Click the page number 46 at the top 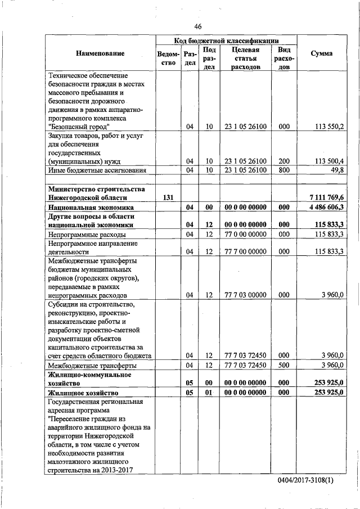point(197,26)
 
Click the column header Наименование point(100,53)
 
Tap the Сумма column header point(321,53)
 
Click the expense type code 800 point(284,170)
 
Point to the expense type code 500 point(284,366)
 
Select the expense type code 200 point(284,161)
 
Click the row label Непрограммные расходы point(87,234)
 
